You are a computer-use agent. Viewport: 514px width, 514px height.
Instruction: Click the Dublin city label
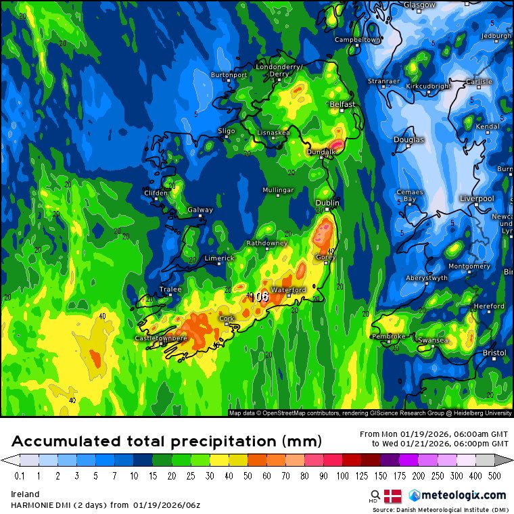(327, 203)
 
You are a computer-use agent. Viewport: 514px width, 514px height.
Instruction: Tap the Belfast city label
(342, 105)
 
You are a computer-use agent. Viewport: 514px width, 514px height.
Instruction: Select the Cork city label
(227, 319)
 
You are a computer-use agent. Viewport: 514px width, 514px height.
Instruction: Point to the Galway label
(200, 210)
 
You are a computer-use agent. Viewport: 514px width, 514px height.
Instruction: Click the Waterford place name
(289, 290)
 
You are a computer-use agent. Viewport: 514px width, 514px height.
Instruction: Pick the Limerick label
(219, 258)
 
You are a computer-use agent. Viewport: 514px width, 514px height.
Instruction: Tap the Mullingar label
(279, 190)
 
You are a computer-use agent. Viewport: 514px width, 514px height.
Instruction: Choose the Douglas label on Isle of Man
(408, 140)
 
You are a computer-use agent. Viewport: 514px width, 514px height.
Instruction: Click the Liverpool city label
(477, 198)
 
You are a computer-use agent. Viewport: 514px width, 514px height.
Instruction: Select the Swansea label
(433, 340)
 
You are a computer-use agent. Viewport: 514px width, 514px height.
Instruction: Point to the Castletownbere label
(161, 337)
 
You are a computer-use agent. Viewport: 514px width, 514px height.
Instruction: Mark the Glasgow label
(419, 5)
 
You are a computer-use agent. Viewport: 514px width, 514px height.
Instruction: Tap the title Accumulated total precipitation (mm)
(166, 442)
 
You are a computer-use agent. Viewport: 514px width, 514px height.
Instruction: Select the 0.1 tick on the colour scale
(20, 476)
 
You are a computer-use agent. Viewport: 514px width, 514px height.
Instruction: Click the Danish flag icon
(393, 495)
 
